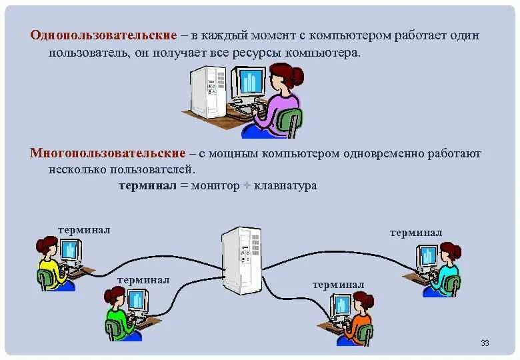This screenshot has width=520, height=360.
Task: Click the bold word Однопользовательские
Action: (x=103, y=34)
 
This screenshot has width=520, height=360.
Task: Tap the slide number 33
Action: (x=485, y=343)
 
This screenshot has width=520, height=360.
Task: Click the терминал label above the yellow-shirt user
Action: (x=84, y=230)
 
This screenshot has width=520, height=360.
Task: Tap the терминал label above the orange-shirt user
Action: (x=338, y=285)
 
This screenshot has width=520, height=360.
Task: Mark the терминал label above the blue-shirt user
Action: (x=416, y=233)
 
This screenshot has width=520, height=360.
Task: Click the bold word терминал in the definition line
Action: (x=147, y=186)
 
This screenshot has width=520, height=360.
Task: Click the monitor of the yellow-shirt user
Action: (x=70, y=251)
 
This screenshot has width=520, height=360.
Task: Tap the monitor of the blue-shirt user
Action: (x=427, y=255)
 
